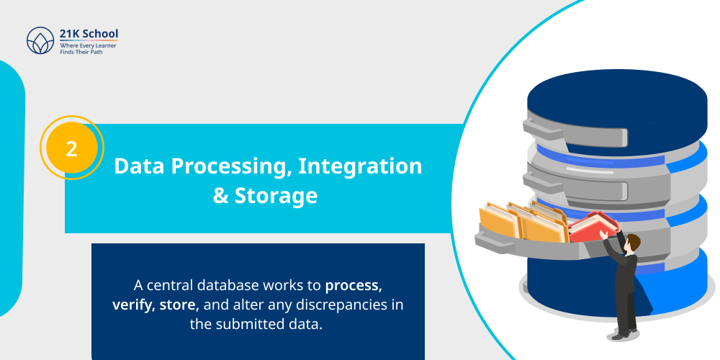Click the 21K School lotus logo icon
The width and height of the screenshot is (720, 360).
pyautogui.click(x=40, y=41)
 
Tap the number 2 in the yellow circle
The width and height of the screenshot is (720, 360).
pyautogui.click(x=72, y=148)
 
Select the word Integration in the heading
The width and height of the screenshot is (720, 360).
pyautogui.click(x=360, y=166)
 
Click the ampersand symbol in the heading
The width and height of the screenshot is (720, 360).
pyautogui.click(x=221, y=196)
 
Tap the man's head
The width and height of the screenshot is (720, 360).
pyautogui.click(x=631, y=242)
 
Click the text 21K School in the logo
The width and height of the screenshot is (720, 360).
pyautogui.click(x=89, y=33)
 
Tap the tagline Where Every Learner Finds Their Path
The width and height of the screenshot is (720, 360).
pyautogui.click(x=88, y=49)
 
